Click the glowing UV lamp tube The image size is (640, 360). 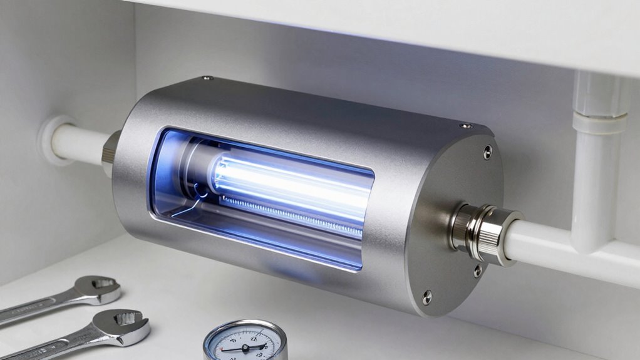[288, 181]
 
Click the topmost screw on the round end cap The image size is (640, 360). [487, 151]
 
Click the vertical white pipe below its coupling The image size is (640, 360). [591, 188]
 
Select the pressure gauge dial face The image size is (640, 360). [245, 343]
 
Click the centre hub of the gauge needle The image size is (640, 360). [246, 347]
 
